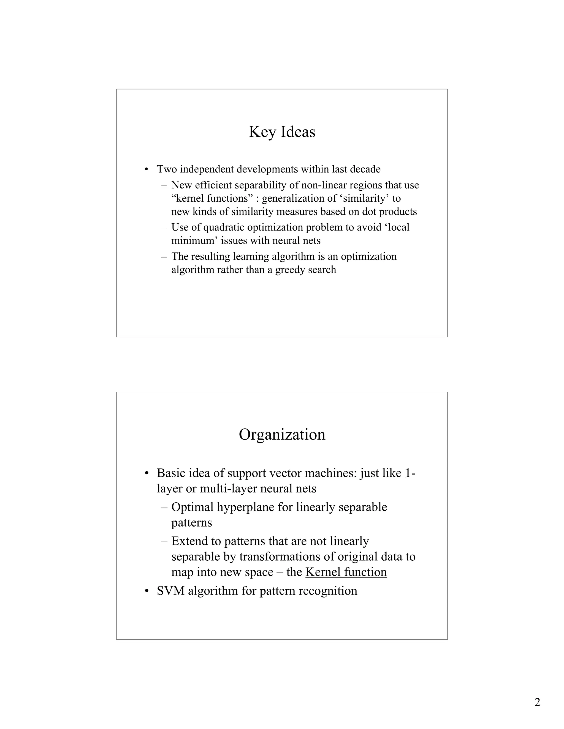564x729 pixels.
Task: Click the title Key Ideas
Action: pos(282,132)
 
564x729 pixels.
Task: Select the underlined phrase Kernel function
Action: pos(346,572)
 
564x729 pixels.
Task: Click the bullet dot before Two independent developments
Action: pos(146,169)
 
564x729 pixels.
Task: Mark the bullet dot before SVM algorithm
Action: pos(146,591)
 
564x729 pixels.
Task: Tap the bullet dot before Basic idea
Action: pos(146,474)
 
